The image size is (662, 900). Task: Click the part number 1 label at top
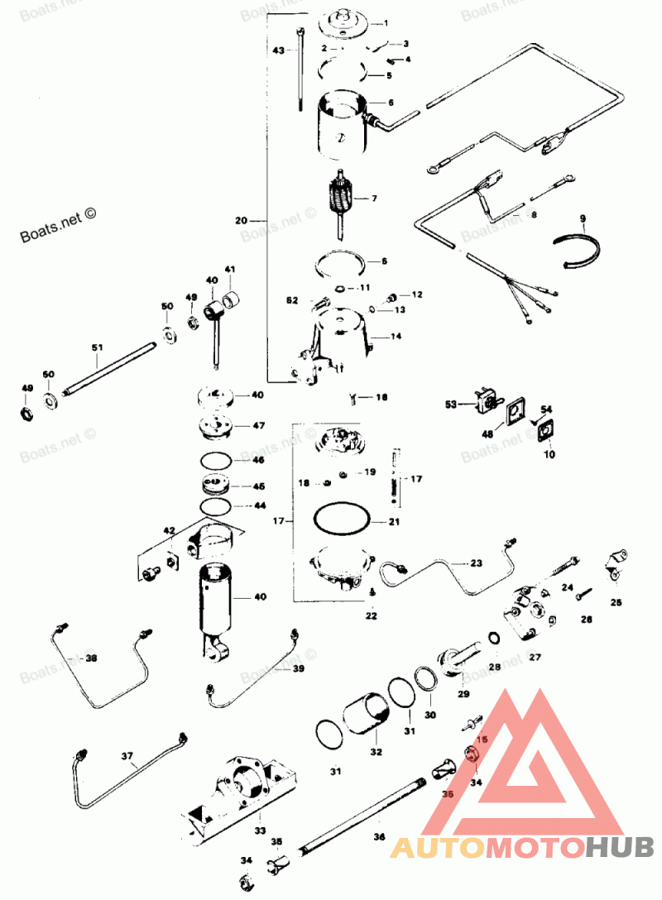coord(384,22)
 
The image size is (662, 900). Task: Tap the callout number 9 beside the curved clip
coord(583,219)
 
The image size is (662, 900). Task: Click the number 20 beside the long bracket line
coord(241,221)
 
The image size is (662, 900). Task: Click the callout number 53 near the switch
coord(451,405)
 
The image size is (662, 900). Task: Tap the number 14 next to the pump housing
coord(396,337)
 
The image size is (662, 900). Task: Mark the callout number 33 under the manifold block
coord(260,830)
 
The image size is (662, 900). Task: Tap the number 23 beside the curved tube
coord(476,562)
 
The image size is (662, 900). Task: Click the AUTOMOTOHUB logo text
coord(522,846)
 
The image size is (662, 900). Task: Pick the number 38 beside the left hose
coord(90,658)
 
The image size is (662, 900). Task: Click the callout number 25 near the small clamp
coord(616,603)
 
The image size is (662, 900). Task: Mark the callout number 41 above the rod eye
coord(229,270)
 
